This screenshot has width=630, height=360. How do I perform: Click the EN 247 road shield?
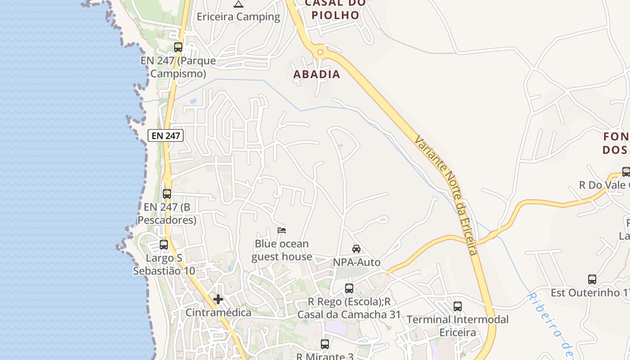coord(166,135)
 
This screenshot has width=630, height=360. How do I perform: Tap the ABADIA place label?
coord(317,74)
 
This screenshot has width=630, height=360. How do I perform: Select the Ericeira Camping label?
coord(238,17)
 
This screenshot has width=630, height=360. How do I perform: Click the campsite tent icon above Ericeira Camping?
coord(238,4)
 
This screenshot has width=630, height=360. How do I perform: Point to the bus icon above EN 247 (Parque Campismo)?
coord(178,47)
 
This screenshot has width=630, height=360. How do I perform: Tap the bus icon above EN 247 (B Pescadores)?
coord(167,194)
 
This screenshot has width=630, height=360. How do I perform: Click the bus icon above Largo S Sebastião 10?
coord(164,245)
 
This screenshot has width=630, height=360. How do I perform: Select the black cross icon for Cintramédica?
coord(218,299)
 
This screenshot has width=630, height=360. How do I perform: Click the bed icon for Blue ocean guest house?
coord(282,230)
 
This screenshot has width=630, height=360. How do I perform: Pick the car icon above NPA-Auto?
coord(356,249)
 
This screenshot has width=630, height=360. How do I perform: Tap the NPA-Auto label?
coord(356,262)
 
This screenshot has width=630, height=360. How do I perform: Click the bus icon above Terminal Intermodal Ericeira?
coord(458,306)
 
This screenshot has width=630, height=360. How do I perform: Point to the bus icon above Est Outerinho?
coord(592,279)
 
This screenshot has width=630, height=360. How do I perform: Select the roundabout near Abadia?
coord(320,52)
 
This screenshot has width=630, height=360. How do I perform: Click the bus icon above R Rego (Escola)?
coord(349,288)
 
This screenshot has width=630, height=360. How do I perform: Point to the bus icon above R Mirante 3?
coord(325,344)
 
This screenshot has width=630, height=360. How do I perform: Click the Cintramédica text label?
coord(219,312)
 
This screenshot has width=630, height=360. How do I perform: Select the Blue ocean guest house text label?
coord(282,250)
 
